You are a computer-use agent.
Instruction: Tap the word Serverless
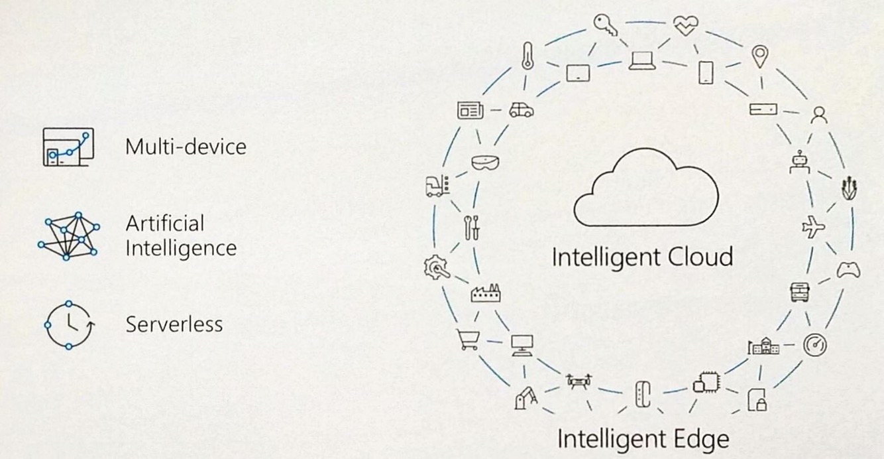174,324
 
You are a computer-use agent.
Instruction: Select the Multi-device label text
186,146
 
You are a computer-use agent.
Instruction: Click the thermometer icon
527,56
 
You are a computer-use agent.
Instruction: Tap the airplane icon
813,228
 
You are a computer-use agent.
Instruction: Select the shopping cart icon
467,339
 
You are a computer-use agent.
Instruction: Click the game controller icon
848,270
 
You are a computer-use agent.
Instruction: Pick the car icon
521,110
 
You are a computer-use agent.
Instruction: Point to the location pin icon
759,56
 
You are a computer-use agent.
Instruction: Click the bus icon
799,292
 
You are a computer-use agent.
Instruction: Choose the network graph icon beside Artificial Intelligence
68,235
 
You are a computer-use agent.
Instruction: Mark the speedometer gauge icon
814,344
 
